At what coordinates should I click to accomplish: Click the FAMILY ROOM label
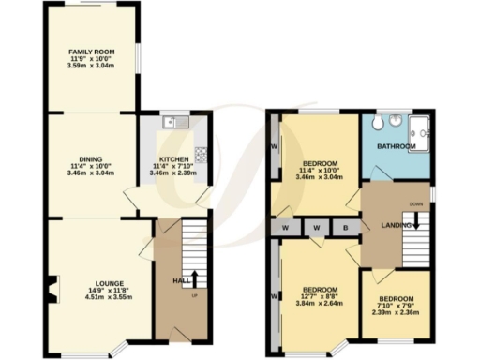tap(91, 52)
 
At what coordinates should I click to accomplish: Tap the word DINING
tap(91, 159)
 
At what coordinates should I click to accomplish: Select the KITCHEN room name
tap(174, 159)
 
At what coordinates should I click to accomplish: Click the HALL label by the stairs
tap(182, 280)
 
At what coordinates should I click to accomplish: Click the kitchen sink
tap(174, 123)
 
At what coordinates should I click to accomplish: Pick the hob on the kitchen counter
tap(200, 153)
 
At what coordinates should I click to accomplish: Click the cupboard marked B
tap(345, 227)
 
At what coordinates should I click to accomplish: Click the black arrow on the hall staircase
tap(195, 278)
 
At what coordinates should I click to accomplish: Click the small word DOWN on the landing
tap(414, 203)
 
